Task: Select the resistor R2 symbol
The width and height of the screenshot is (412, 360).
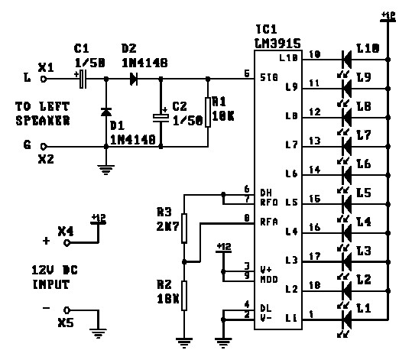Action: click(183, 294)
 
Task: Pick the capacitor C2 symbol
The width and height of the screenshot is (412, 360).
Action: click(161, 116)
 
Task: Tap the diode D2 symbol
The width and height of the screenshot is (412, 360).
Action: click(135, 78)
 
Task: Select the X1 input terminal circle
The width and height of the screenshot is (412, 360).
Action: click(44, 78)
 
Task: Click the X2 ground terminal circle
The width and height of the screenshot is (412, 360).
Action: click(44, 146)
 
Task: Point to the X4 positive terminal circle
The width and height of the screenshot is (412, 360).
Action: click(67, 242)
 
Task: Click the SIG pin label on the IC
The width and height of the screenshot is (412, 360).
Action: click(268, 77)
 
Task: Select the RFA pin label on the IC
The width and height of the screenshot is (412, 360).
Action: click(268, 222)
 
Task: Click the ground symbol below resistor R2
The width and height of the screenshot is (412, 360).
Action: click(183, 339)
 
